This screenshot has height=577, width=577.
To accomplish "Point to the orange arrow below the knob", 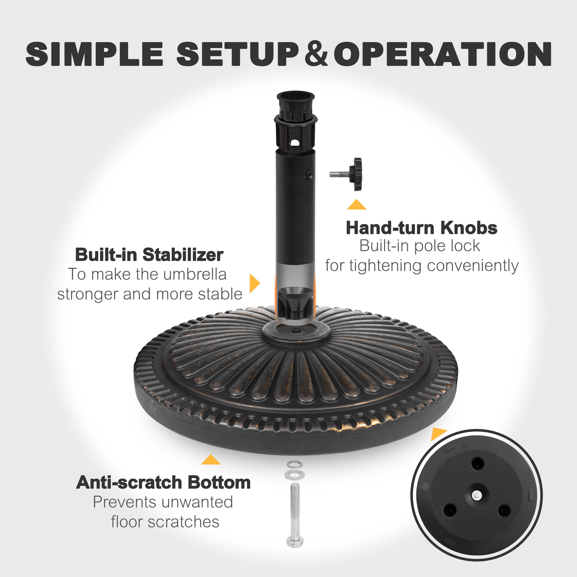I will tap(357, 205).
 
